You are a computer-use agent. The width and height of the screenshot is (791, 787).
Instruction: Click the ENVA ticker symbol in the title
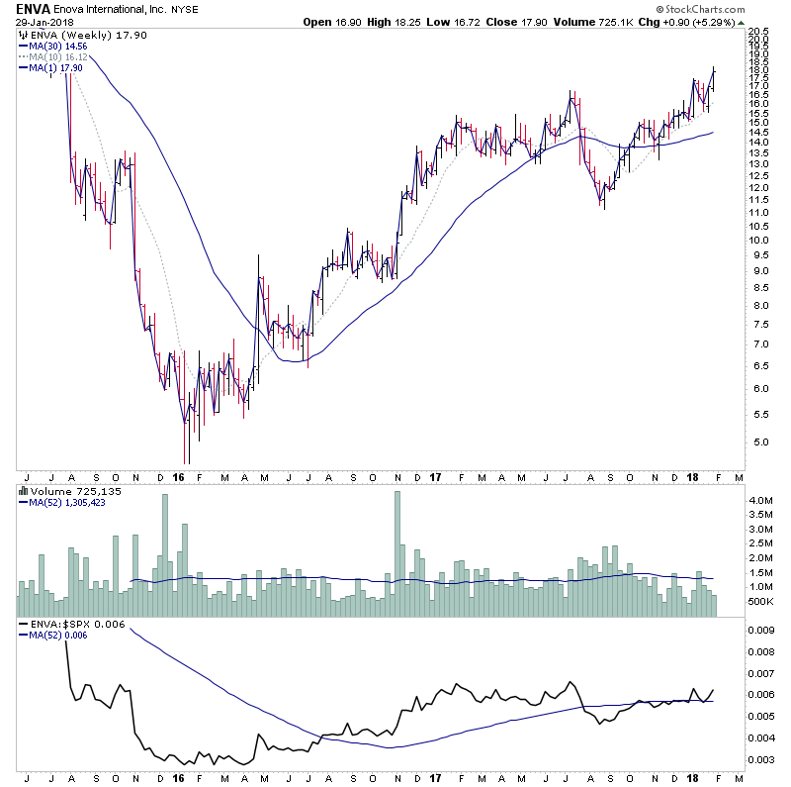[35, 8]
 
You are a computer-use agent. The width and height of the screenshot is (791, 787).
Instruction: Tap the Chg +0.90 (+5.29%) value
[689, 22]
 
